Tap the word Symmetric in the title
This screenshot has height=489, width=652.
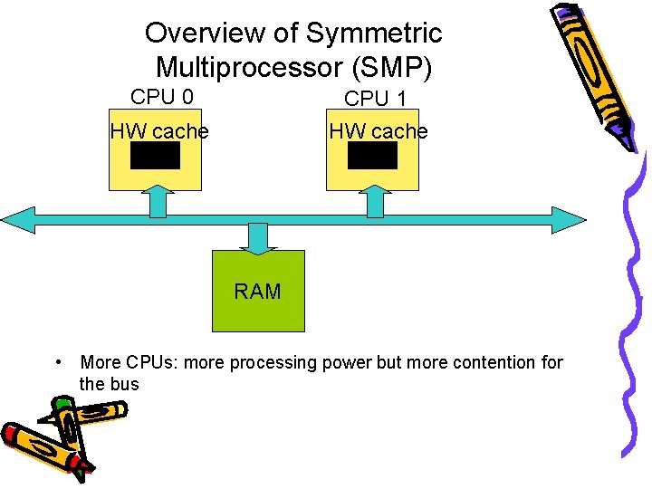[374, 34]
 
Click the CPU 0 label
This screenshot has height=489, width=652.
[162, 97]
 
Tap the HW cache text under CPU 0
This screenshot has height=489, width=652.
[158, 131]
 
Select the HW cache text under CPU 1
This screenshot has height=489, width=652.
[378, 131]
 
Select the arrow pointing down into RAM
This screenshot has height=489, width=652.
[258, 238]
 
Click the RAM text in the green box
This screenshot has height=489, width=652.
[258, 292]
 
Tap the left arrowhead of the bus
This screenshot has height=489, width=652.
[18, 220]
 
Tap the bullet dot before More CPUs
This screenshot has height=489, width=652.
[57, 363]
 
